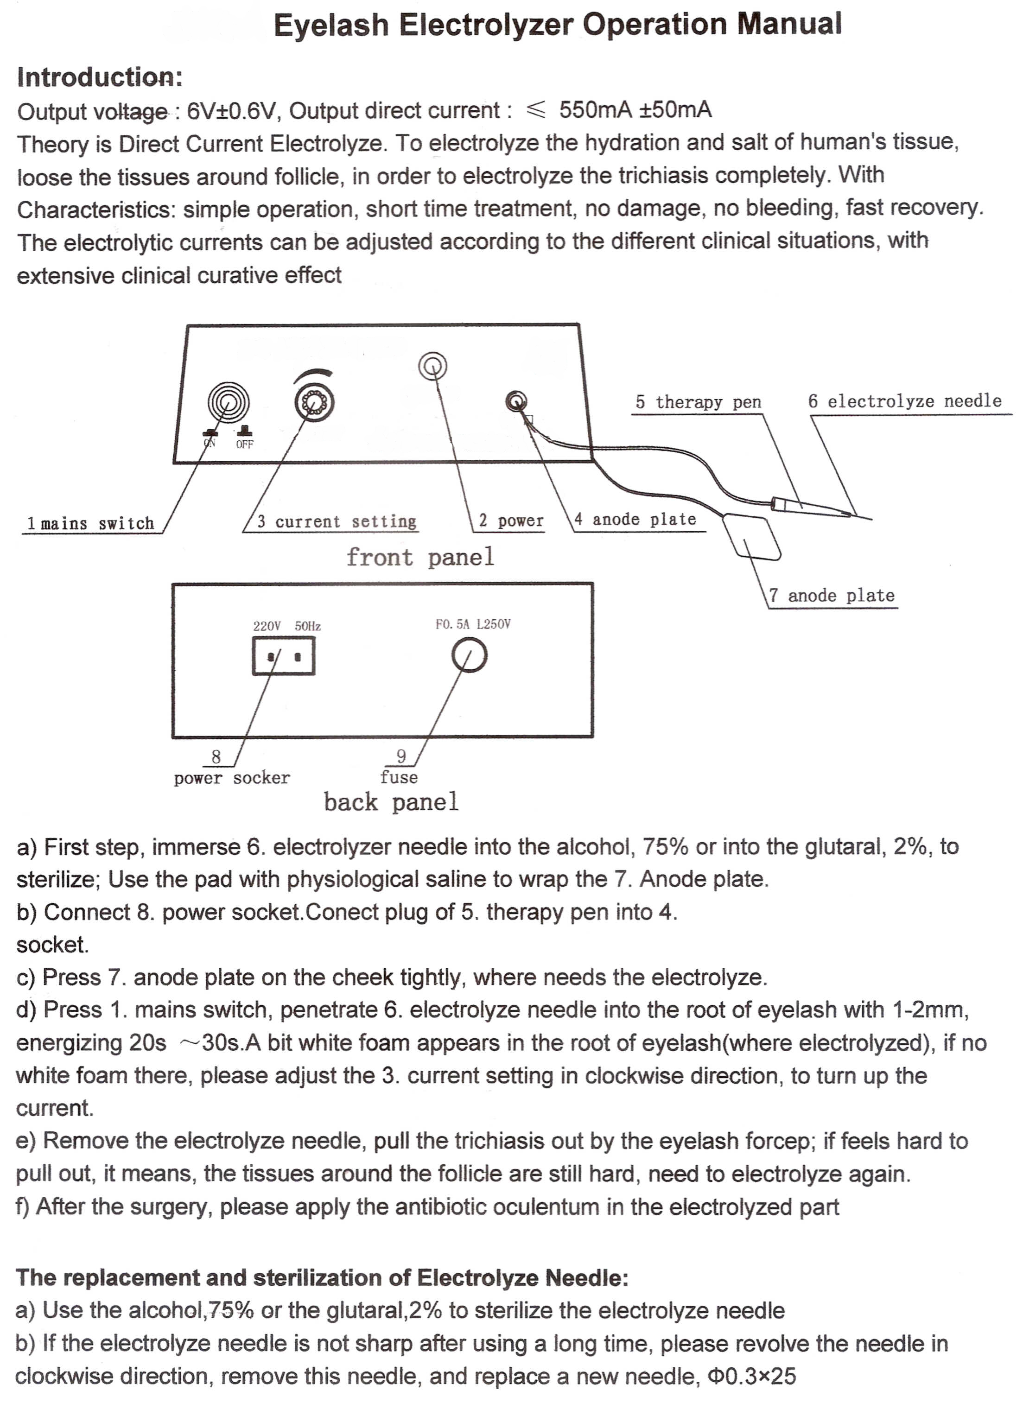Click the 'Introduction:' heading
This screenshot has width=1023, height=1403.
pos(100,77)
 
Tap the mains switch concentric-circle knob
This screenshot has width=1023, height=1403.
pos(229,402)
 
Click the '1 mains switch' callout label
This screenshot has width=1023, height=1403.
pos(90,524)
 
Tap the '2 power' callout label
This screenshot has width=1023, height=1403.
pos(511,521)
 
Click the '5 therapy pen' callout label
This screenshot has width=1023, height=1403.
pos(698,402)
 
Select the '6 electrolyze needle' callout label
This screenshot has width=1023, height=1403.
pos(905,401)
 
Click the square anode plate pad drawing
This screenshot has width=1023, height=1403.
pos(751,538)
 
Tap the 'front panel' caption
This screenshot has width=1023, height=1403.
pos(420,557)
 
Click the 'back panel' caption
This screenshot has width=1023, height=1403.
pos(391,802)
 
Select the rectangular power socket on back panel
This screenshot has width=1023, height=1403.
pos(284,656)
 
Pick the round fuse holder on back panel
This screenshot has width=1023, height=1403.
pos(470,656)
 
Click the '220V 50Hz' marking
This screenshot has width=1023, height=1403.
pos(287,626)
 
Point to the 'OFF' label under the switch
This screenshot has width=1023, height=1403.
pos(245,444)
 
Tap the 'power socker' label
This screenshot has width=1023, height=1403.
pos(232,778)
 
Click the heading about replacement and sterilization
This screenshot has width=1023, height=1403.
pos(322,1277)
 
